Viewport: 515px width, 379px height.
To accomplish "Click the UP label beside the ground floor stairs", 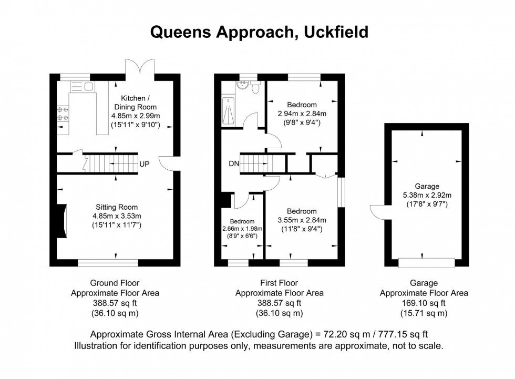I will pyautogui.click(x=145, y=164).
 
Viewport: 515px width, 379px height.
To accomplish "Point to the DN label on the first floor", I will pyautogui.click(x=234, y=163).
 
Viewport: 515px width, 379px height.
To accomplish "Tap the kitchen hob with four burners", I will pyautogui.click(x=63, y=114).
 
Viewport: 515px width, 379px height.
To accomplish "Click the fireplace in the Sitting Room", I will pyautogui.click(x=62, y=220).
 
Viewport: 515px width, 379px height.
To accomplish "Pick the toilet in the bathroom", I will pyautogui.click(x=255, y=87).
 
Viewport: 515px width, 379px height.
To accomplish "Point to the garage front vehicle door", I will pyautogui.click(x=426, y=262).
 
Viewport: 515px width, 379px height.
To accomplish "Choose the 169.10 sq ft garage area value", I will pyautogui.click(x=424, y=303).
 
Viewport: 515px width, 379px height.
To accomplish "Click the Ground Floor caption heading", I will pyautogui.click(x=115, y=283).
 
